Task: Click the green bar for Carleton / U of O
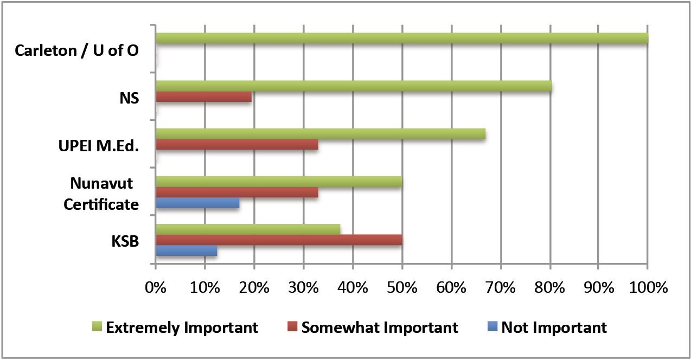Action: click(401, 38)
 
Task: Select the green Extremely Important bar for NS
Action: click(354, 86)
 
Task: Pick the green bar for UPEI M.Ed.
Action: click(320, 134)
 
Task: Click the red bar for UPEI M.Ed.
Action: click(236, 145)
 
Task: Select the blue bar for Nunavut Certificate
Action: click(197, 204)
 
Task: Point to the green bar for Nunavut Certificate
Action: click(279, 182)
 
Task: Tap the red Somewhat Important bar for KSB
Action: click(279, 240)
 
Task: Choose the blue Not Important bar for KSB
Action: click(186, 251)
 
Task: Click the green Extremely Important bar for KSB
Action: click(248, 229)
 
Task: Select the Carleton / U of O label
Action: click(76, 51)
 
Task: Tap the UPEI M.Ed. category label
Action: click(98, 146)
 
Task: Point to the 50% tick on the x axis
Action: click(402, 288)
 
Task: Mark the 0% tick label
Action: click(156, 288)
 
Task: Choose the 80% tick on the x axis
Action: click(550, 288)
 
